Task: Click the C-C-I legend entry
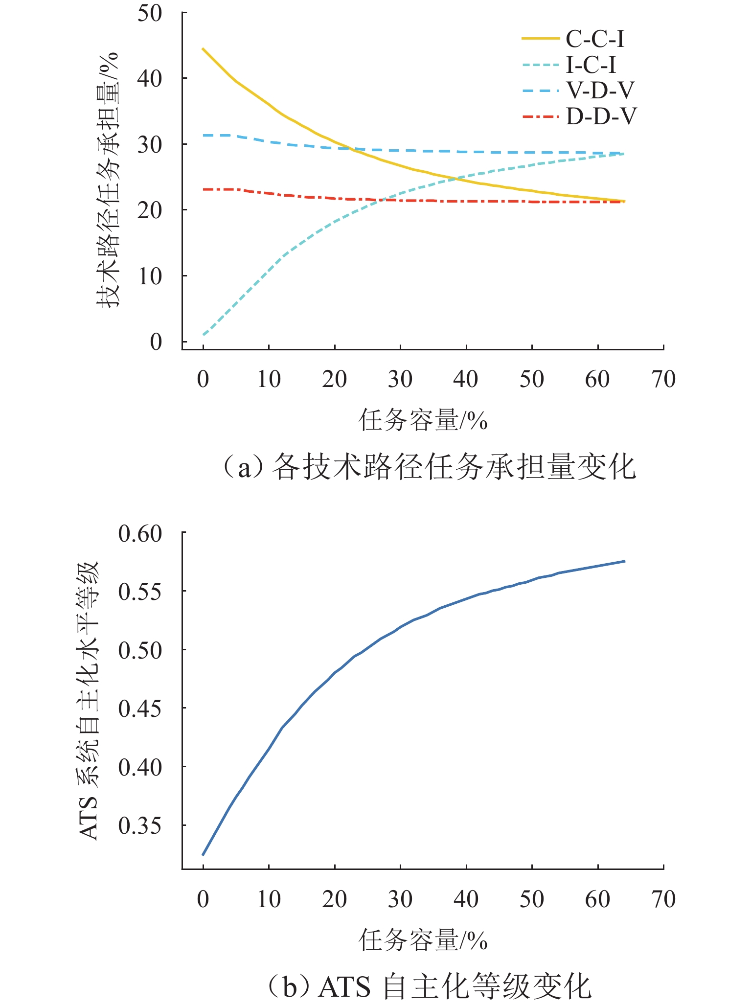pyautogui.click(x=595, y=39)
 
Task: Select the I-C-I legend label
pyautogui.click(x=591, y=65)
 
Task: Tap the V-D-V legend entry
pyautogui.click(x=600, y=91)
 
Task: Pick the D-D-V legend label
pyautogui.click(x=601, y=116)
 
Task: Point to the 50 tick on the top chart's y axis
pyautogui.click(x=149, y=13)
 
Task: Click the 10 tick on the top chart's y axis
pyautogui.click(x=149, y=276)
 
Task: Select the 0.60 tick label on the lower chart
pyautogui.click(x=140, y=533)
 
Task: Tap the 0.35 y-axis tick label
pyautogui.click(x=140, y=826)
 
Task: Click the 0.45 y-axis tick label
pyautogui.click(x=140, y=709)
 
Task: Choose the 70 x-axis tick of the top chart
pyautogui.click(x=663, y=380)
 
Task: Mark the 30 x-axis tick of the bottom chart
pyautogui.click(x=400, y=899)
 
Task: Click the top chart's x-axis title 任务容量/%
pyautogui.click(x=423, y=420)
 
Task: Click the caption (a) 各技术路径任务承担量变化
pyautogui.click(x=429, y=467)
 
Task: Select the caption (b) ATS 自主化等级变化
pyautogui.click(x=429, y=986)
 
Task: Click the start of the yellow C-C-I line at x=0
pyautogui.click(x=203, y=49)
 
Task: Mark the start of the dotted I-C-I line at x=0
pyautogui.click(x=203, y=335)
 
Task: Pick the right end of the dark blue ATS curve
pyautogui.click(x=624, y=561)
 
